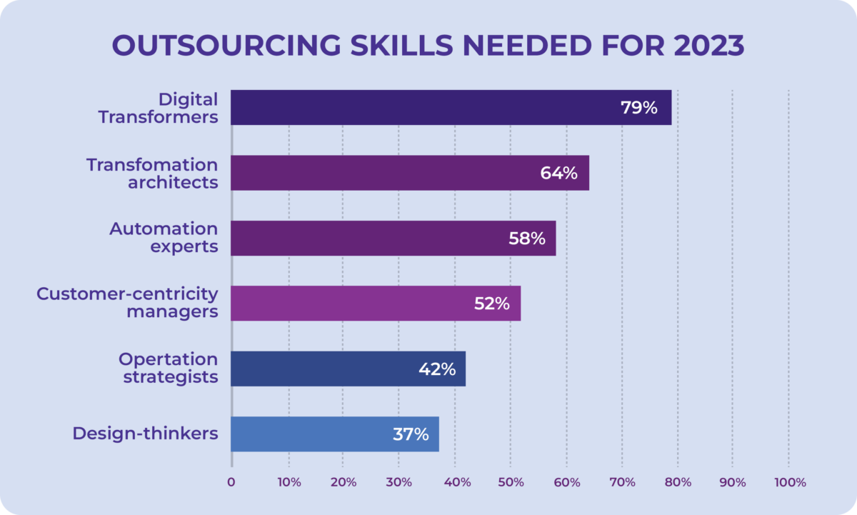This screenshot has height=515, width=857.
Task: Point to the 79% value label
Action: click(x=638, y=108)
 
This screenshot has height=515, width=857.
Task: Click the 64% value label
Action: click(x=558, y=173)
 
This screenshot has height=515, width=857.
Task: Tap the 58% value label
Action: click(x=527, y=238)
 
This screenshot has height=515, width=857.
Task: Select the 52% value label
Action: click(x=492, y=304)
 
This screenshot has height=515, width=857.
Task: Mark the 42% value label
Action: click(x=437, y=369)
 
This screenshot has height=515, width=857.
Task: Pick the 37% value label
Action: click(x=411, y=434)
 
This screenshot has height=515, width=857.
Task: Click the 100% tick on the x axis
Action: click(x=789, y=482)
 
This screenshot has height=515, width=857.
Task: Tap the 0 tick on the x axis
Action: click(x=231, y=482)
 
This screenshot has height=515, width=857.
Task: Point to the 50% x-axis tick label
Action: click(x=511, y=482)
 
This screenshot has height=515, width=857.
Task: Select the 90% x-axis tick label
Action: click(x=733, y=482)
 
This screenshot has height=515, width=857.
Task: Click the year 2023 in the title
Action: click(x=703, y=46)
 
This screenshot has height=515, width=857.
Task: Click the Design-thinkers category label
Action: click(x=146, y=433)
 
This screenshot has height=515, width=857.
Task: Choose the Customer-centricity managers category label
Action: click(x=127, y=303)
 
